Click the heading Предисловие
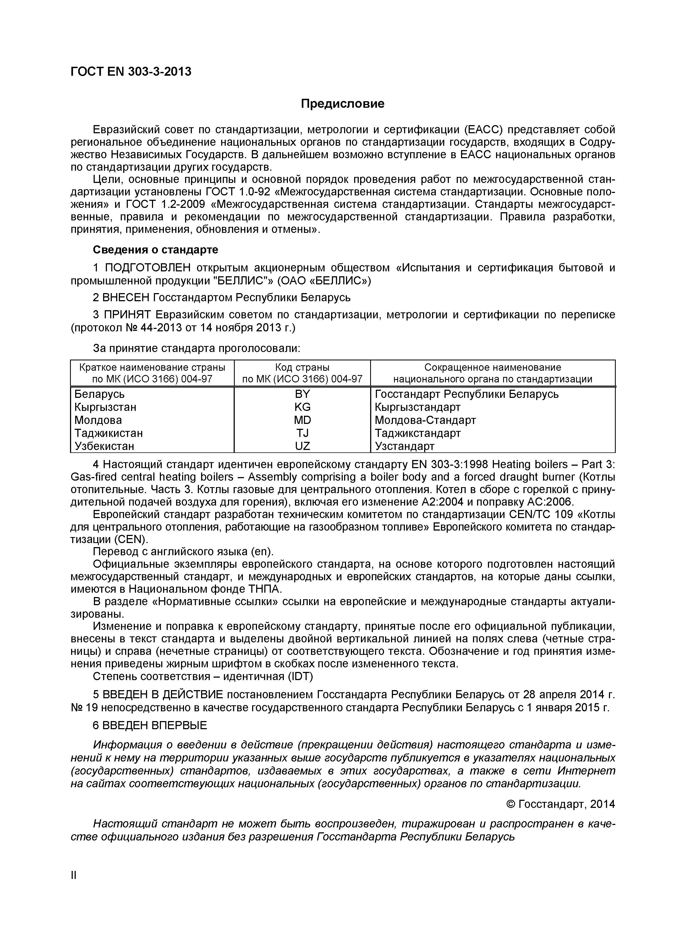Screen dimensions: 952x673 point(342,104)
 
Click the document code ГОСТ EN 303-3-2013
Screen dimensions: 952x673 point(131,72)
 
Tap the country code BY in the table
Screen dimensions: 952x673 point(302,394)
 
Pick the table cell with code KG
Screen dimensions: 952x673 point(302,407)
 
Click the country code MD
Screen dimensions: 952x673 point(302,420)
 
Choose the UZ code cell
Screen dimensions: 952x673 point(302,446)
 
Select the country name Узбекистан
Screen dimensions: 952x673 point(104,446)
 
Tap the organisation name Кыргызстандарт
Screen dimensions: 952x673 point(418,407)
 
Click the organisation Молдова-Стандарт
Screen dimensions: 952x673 point(425,420)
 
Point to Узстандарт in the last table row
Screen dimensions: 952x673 point(405,446)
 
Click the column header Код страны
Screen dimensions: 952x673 point(302,367)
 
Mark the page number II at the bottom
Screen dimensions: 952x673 point(74,875)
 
